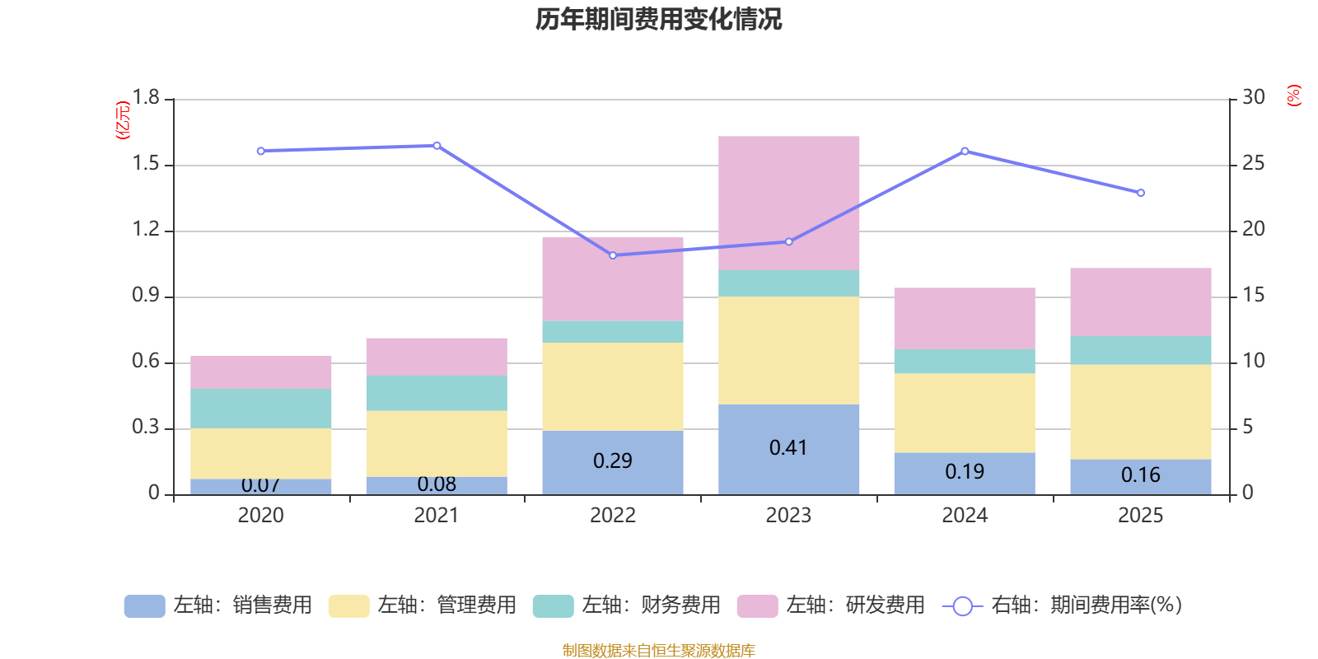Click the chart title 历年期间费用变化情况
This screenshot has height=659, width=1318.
[x=658, y=19]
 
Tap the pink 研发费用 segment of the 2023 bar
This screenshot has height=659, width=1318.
[x=788, y=203]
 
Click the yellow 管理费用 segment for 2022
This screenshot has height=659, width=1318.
[x=612, y=386]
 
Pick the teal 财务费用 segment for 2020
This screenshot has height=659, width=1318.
[x=260, y=408]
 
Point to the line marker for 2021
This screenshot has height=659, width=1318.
[x=437, y=146]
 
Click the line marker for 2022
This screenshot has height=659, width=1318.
[x=612, y=255]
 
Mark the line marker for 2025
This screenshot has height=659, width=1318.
[x=1140, y=193]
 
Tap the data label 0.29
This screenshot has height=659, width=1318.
[x=612, y=460]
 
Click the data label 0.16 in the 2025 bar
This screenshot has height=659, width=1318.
[x=1140, y=475]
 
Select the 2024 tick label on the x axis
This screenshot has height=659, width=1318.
[x=964, y=516]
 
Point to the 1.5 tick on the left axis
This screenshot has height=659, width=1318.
[x=146, y=164]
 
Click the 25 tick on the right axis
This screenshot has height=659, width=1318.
[x=1253, y=164]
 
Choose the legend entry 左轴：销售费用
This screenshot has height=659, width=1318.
[x=218, y=605]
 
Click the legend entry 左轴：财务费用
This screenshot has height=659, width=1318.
[x=627, y=605]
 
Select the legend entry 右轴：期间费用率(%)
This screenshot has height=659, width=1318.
[x=1062, y=605]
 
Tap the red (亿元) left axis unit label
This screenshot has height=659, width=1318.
[x=123, y=120]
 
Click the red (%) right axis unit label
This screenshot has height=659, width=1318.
[x=1293, y=96]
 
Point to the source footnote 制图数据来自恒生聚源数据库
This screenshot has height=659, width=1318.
[x=658, y=651]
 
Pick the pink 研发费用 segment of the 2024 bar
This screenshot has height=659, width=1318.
[x=964, y=318]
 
